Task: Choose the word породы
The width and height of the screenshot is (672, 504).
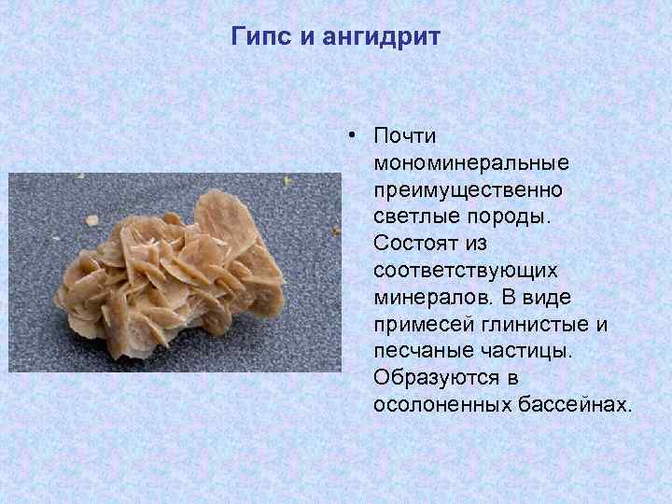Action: pyautogui.click(x=504, y=217)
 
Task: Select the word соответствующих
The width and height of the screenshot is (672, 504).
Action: pyautogui.click(x=465, y=270)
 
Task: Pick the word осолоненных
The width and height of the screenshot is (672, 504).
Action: pyautogui.click(x=441, y=405)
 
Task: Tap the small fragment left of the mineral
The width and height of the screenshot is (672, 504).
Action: pyautogui.click(x=92, y=220)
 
